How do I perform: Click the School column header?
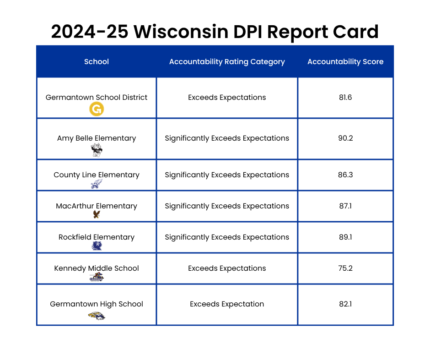coord(97,61)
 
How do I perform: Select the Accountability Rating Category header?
coord(227,61)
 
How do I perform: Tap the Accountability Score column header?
coord(345,61)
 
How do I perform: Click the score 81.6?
coord(345,97)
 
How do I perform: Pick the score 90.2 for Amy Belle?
coord(345,138)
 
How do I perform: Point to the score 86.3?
coord(345,175)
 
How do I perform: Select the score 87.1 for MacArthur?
coord(345,206)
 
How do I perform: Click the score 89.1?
coord(345,237)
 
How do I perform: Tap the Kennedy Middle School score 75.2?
coord(345,268)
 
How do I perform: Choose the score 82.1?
coord(345,304)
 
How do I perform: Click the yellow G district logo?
coord(97,109)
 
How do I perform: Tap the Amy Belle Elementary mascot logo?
coord(97,150)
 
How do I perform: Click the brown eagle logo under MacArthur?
coord(97,214)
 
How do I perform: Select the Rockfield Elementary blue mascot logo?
coord(97,246)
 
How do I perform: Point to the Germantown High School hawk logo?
coord(97,315)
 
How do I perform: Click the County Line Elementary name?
coord(97,175)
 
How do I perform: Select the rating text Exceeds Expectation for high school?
coord(227,304)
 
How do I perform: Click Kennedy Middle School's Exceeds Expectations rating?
coord(227,268)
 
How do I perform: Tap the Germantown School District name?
coord(97,97)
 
